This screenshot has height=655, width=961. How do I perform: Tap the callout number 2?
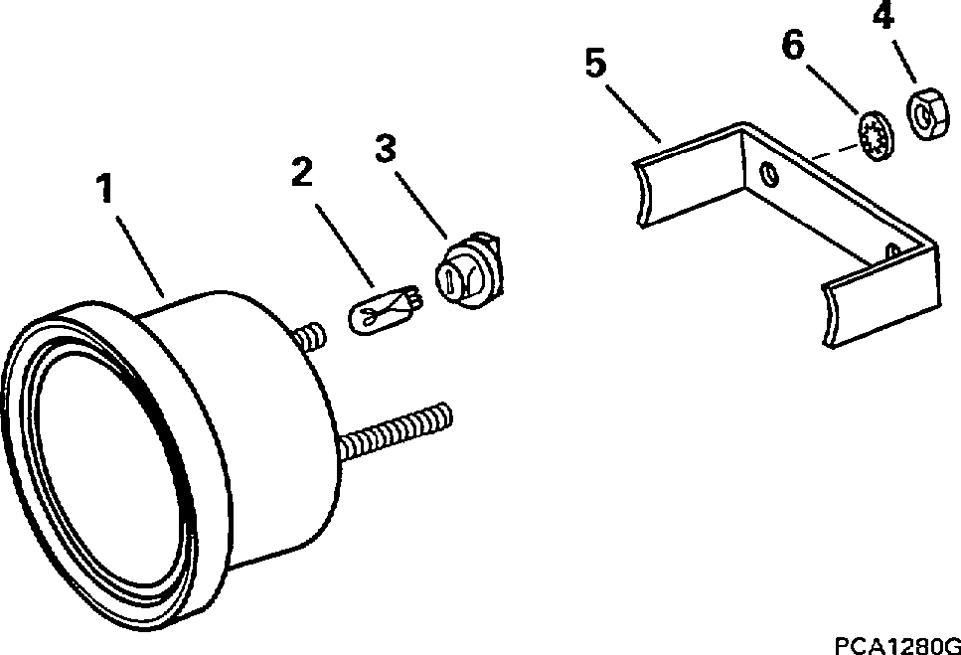(x=303, y=171)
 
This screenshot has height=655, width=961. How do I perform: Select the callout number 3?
(x=386, y=149)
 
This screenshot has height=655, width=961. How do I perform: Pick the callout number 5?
(x=593, y=67)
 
